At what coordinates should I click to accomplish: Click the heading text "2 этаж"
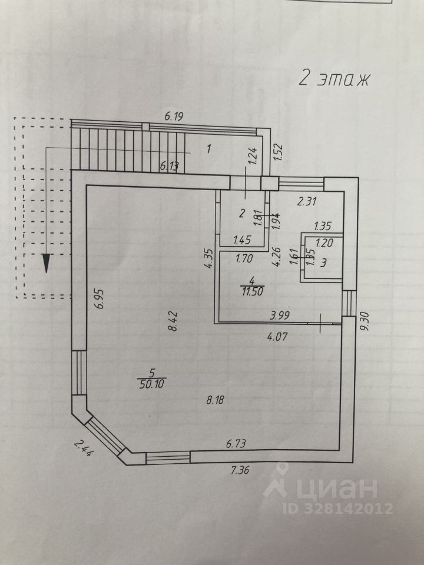pyautogui.click(x=333, y=79)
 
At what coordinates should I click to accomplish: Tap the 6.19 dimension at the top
pyautogui.click(x=174, y=117)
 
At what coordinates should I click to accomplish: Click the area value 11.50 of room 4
pyautogui.click(x=251, y=290)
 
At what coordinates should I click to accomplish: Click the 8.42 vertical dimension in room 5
pyautogui.click(x=173, y=321)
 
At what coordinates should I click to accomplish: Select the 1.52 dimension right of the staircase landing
pyautogui.click(x=279, y=152)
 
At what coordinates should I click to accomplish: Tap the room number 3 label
pyautogui.click(x=323, y=262)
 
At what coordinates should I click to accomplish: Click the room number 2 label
pyautogui.click(x=241, y=214)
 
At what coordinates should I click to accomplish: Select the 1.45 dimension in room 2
pyautogui.click(x=243, y=240)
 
